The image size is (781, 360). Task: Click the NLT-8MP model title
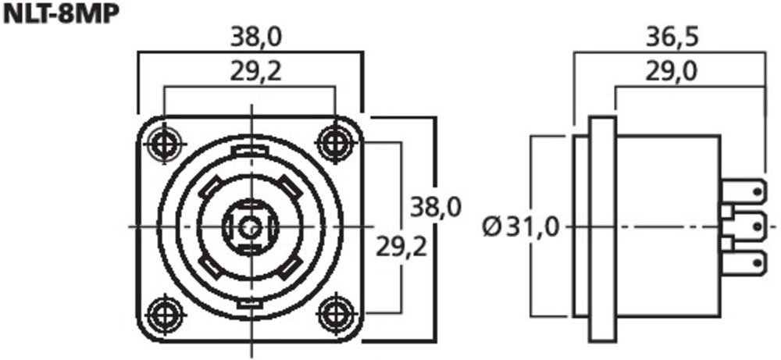click(x=61, y=14)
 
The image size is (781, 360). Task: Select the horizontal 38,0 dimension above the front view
click(x=256, y=37)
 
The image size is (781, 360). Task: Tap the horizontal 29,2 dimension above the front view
click(x=256, y=72)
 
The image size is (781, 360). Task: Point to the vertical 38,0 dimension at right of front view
click(x=435, y=207)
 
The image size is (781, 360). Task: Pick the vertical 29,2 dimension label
click(x=401, y=247)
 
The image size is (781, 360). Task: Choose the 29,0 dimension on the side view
click(x=672, y=72)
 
